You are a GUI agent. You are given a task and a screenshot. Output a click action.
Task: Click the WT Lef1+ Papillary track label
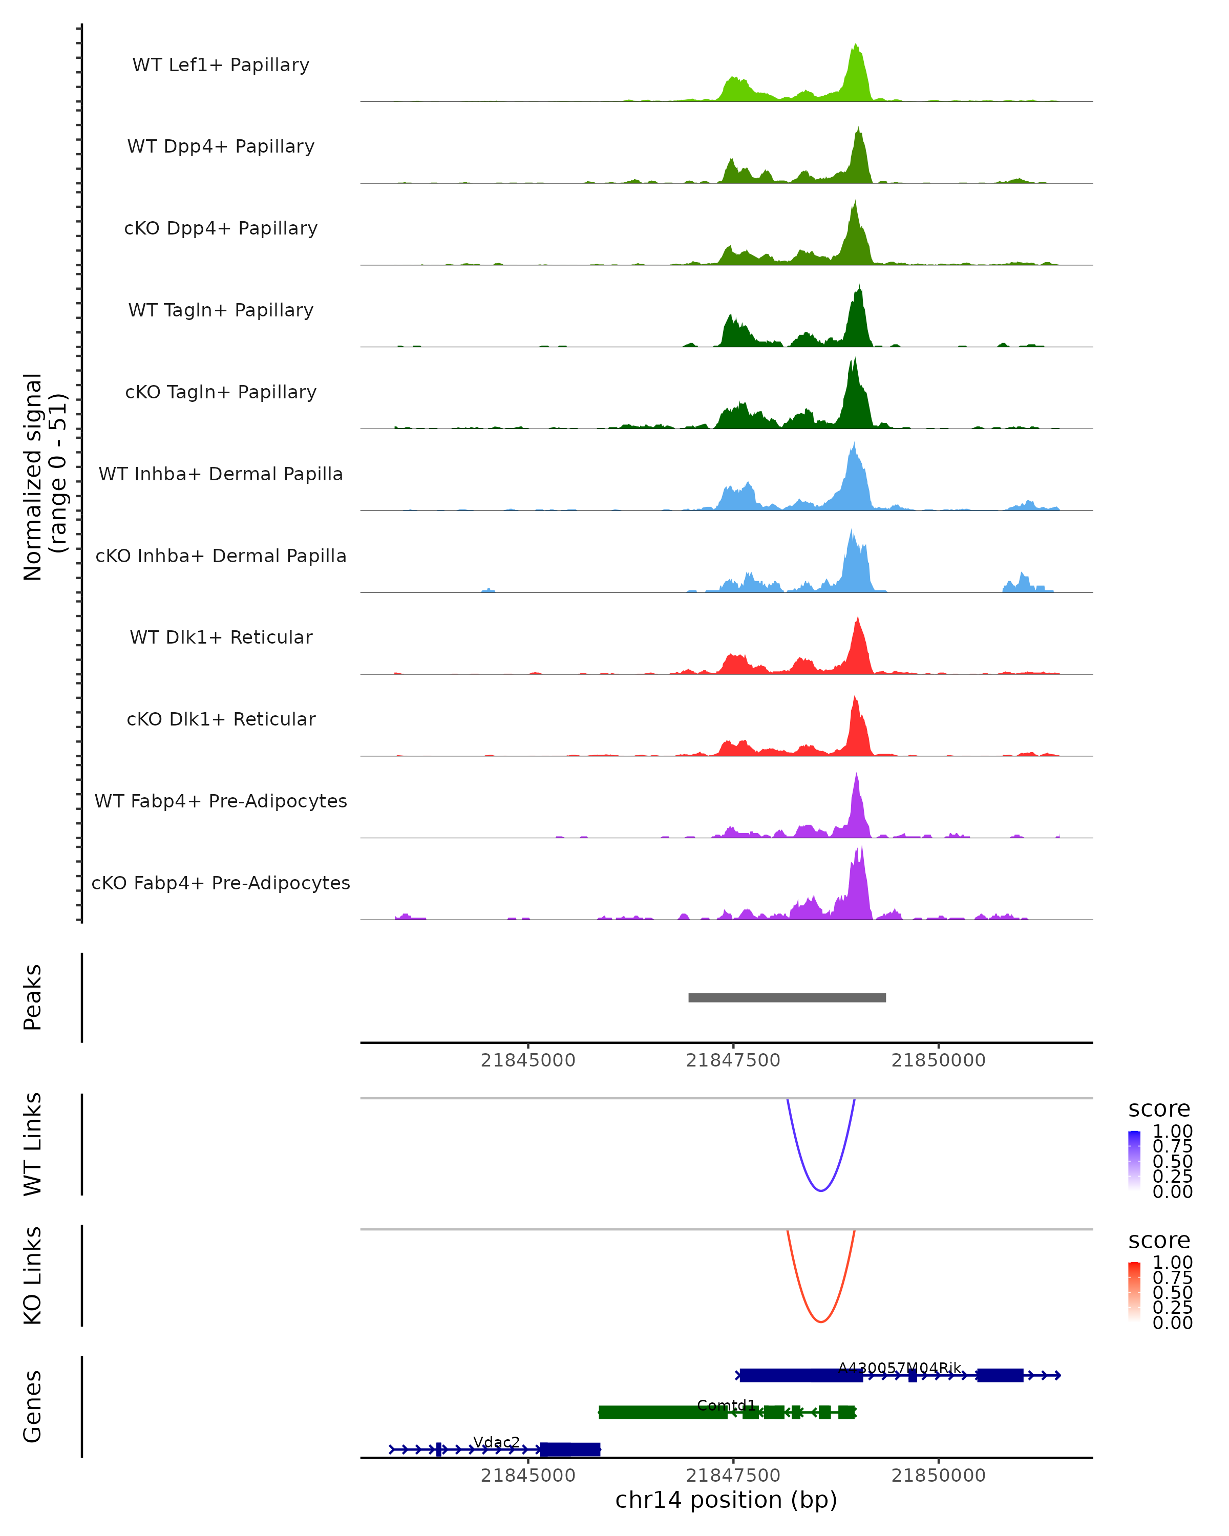click(221, 65)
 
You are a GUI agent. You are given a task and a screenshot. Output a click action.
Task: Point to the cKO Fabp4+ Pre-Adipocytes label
click(221, 883)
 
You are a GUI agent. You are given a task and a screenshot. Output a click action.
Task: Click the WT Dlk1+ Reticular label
click(221, 637)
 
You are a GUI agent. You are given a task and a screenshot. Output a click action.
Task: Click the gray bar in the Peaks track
click(787, 997)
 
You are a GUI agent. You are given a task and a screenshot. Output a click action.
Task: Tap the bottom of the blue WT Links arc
click(821, 1190)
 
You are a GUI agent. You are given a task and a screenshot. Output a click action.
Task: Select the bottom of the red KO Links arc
click(821, 1321)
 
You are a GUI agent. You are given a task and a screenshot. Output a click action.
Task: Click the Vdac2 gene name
click(497, 1442)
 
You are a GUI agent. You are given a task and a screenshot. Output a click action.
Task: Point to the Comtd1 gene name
click(726, 1405)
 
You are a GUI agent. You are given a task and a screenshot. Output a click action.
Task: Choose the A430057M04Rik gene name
click(900, 1368)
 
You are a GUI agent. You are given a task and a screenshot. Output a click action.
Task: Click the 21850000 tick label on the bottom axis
click(938, 1476)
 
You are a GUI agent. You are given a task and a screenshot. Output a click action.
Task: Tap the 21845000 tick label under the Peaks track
click(528, 1060)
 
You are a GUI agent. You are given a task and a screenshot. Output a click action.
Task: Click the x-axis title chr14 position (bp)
click(726, 1500)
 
